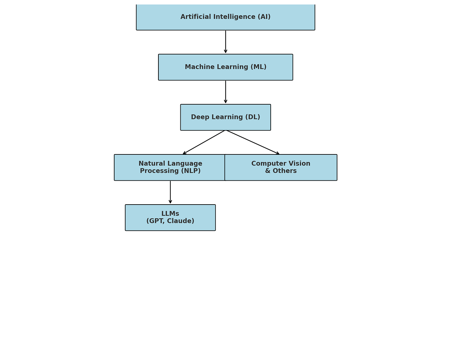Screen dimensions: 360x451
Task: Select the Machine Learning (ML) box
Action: pyautogui.click(x=225, y=67)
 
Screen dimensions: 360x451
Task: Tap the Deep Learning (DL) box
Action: pyautogui.click(x=225, y=117)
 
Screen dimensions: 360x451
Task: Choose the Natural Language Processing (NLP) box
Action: pyautogui.click(x=170, y=167)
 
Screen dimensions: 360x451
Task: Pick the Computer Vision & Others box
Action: pyautogui.click(x=281, y=167)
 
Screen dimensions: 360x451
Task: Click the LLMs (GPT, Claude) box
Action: pyautogui.click(x=170, y=218)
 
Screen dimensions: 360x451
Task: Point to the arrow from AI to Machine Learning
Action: pyautogui.click(x=225, y=42)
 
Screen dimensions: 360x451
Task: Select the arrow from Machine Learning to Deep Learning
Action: pyautogui.click(x=225, y=92)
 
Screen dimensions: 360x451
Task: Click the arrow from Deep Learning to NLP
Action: pyautogui.click(x=204, y=142)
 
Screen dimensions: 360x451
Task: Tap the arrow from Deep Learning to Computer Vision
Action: pyautogui.click(x=252, y=142)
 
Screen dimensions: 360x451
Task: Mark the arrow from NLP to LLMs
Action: pyautogui.click(x=170, y=192)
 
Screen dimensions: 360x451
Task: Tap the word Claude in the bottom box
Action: pyautogui.click(x=181, y=221)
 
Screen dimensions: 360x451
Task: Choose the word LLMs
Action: pyautogui.click(x=170, y=214)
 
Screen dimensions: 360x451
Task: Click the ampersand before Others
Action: pyautogui.click(x=267, y=171)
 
